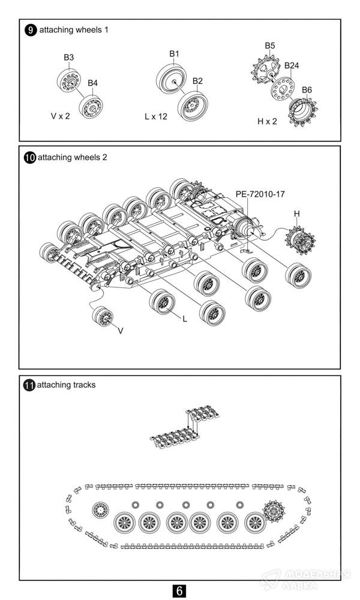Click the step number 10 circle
click(x=29, y=158)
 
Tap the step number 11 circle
click(x=29, y=385)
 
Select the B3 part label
click(x=69, y=58)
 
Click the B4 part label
click(x=92, y=83)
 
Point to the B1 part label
click(x=174, y=54)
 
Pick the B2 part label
click(x=197, y=81)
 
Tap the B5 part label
click(x=270, y=46)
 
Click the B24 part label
click(x=292, y=65)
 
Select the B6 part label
click(x=307, y=90)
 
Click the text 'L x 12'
click(x=156, y=116)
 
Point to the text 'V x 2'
click(x=60, y=116)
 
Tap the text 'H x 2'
click(x=268, y=121)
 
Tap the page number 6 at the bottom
click(x=179, y=590)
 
